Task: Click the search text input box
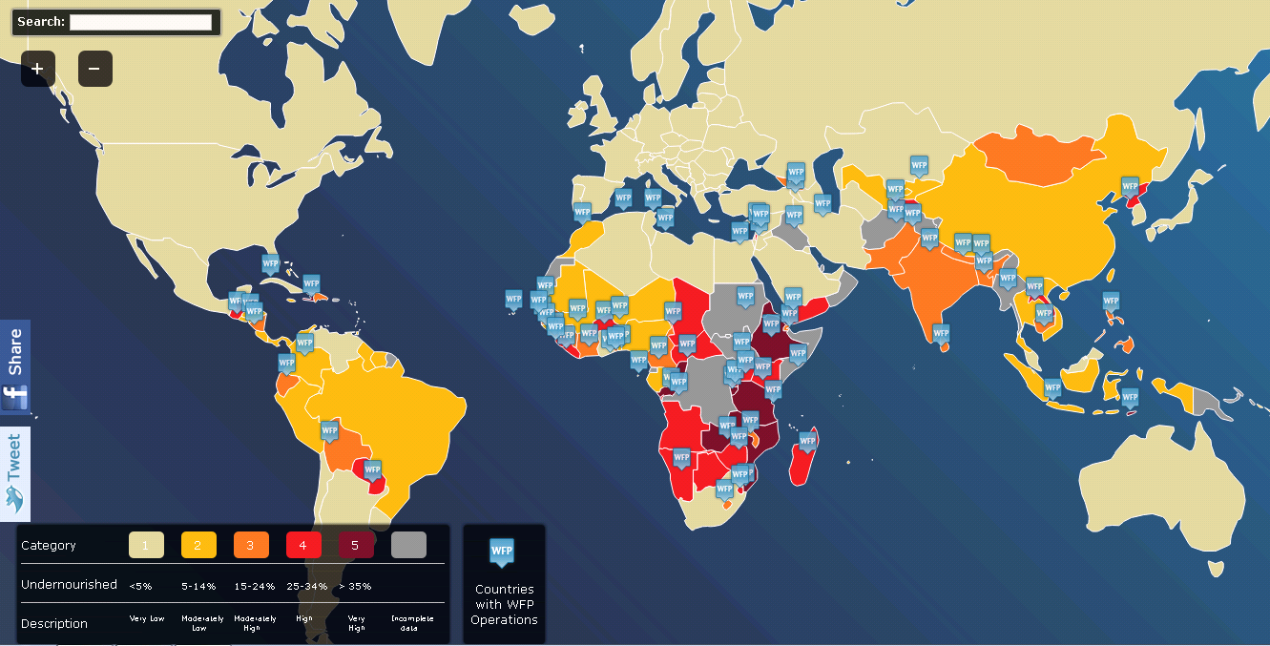tap(140, 22)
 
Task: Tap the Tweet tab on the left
tap(15, 473)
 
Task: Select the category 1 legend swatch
tap(146, 545)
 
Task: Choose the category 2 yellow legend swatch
tap(198, 545)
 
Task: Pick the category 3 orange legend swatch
tap(251, 545)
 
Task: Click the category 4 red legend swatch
tap(303, 545)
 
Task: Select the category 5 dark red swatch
tap(356, 545)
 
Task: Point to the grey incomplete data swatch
tap(408, 545)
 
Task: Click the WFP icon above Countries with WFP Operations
tap(502, 552)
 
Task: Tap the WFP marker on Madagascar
tap(808, 441)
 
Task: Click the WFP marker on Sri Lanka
tap(942, 333)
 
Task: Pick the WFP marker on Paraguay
tap(372, 469)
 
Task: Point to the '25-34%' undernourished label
tap(306, 586)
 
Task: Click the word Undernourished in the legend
tap(69, 584)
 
